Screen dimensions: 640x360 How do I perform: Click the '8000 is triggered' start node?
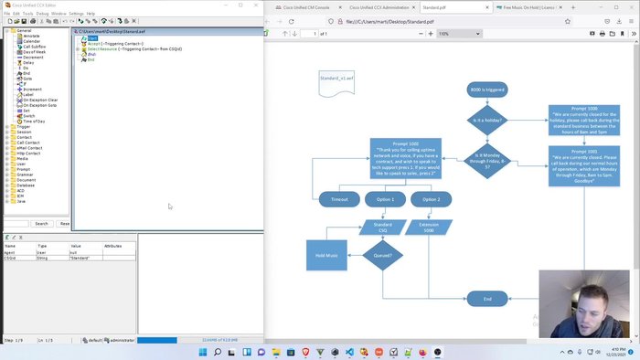[x=487, y=90]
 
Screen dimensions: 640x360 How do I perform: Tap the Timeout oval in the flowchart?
[x=339, y=199]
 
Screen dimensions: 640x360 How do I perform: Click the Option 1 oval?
[x=385, y=199]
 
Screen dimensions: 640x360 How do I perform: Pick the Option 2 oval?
[x=431, y=199]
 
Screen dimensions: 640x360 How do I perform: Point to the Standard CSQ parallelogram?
[x=383, y=227]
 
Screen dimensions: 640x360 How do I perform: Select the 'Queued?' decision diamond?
[x=383, y=256]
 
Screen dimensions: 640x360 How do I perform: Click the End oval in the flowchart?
[x=487, y=299]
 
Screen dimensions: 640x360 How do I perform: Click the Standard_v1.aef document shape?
[x=336, y=80]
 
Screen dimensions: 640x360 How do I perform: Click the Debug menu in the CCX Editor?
[x=42, y=14]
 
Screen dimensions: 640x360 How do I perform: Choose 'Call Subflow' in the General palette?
[x=34, y=46]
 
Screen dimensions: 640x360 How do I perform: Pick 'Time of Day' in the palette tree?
[x=34, y=121]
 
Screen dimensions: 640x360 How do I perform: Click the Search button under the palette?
[x=41, y=223]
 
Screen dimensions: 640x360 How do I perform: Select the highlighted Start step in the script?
[x=92, y=38]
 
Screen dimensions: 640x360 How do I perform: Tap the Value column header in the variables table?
[x=77, y=246]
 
